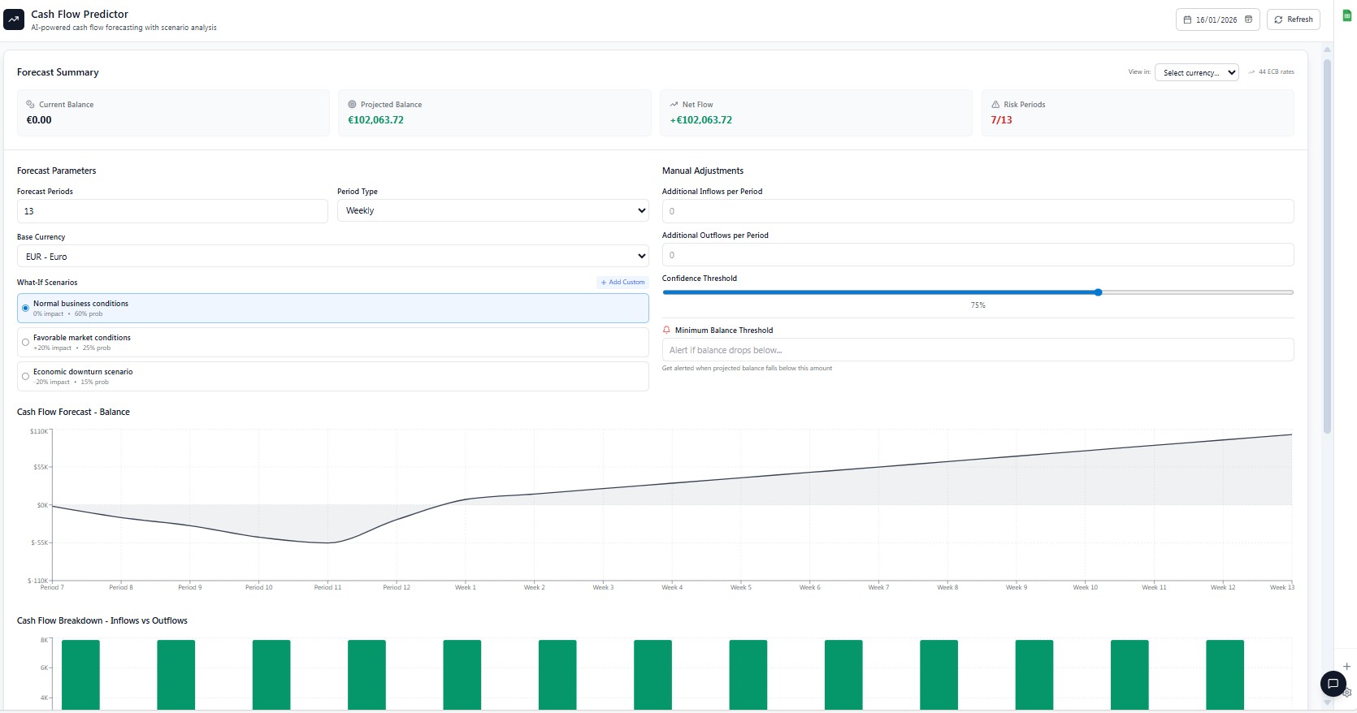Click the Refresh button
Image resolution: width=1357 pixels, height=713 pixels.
click(1293, 19)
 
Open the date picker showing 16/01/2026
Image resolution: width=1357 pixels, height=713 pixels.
click(1217, 19)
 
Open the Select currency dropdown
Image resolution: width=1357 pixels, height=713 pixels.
click(1196, 73)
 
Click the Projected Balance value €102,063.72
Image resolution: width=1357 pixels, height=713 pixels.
click(375, 120)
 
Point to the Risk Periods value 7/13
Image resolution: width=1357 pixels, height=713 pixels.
click(1001, 120)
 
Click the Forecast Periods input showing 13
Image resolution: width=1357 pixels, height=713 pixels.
click(172, 211)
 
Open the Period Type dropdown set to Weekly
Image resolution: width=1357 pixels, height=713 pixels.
click(493, 211)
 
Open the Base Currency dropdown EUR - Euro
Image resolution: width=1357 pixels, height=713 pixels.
click(332, 257)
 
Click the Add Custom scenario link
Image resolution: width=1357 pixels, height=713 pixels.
click(623, 283)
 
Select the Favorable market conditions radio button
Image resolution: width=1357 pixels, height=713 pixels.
click(26, 343)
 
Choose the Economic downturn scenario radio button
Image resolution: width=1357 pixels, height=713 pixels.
click(26, 377)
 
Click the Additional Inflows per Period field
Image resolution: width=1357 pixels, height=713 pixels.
click(978, 211)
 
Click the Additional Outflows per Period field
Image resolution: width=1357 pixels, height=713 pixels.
click(978, 255)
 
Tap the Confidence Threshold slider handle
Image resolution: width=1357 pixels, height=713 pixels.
click(1098, 292)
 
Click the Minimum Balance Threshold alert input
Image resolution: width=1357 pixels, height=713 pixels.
click(978, 350)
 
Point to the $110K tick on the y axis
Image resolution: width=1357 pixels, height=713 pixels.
click(40, 431)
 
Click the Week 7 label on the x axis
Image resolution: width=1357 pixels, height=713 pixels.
click(878, 587)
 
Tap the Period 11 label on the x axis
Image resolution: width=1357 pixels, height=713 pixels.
click(327, 587)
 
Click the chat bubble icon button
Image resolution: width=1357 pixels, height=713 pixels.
click(1333, 684)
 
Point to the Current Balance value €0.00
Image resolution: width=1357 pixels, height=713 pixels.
click(39, 120)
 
